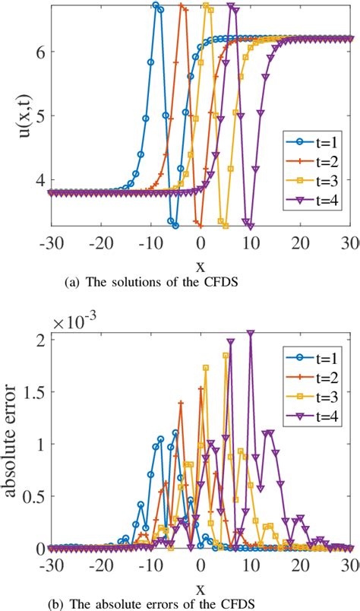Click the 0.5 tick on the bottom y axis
tap(33, 495)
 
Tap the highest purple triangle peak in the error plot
tap(251, 332)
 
